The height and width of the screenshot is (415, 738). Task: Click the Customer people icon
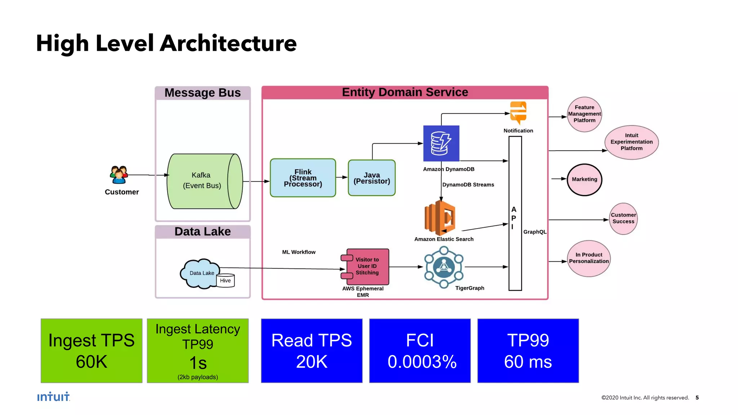119,175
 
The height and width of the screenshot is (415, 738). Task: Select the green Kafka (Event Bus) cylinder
204,181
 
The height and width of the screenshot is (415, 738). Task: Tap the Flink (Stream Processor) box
303,178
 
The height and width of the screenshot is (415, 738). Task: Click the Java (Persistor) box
372,178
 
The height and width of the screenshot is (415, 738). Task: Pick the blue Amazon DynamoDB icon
441,143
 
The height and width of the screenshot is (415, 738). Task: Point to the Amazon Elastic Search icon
440,217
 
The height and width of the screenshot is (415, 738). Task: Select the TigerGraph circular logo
444,267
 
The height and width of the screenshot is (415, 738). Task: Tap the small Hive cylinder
226,280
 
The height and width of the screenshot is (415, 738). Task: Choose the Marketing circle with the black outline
584,179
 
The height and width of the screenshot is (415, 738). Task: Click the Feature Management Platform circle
584,114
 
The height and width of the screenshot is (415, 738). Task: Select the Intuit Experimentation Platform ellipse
631,142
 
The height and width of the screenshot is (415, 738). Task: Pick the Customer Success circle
623,218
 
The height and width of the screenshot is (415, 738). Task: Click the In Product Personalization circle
589,258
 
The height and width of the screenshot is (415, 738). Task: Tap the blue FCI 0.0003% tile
420,351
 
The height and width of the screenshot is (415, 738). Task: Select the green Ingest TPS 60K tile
92,351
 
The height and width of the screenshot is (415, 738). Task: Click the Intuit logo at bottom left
53,397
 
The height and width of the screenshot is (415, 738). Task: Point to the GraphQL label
535,232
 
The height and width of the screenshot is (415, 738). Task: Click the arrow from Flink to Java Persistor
342,177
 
